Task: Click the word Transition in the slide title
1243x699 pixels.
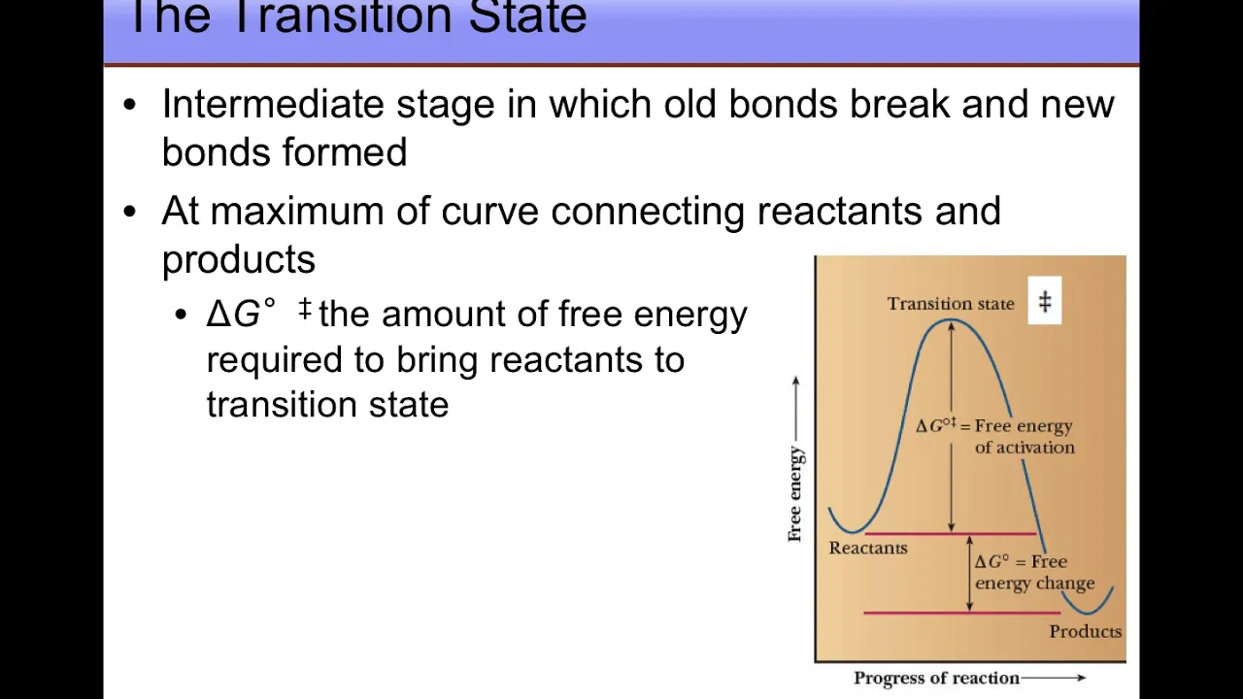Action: tap(341, 17)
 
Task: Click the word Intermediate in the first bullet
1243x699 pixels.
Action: tap(273, 104)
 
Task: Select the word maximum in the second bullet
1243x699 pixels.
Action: tap(297, 211)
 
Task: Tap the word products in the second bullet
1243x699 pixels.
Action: tap(239, 259)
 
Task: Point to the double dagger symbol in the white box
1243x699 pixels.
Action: tap(1045, 301)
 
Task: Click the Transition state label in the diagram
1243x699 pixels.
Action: tap(951, 304)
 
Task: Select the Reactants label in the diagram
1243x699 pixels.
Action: tap(868, 549)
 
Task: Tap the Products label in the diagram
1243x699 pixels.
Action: tap(1086, 631)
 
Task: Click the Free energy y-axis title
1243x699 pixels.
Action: tap(795, 494)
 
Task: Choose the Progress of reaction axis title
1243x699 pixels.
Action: tap(936, 678)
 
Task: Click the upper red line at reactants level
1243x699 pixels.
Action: tap(950, 534)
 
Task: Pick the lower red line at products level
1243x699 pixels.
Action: tap(962, 613)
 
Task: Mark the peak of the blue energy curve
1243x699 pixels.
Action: tap(951, 320)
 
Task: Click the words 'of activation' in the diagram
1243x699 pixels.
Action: tap(1025, 448)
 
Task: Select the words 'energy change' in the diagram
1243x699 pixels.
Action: tap(1034, 583)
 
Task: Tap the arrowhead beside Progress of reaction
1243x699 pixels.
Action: tap(1082, 678)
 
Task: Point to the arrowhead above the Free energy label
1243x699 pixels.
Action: tap(795, 381)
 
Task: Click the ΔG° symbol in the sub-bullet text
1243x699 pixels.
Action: tap(241, 314)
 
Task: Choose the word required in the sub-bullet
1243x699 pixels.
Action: tap(274, 360)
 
